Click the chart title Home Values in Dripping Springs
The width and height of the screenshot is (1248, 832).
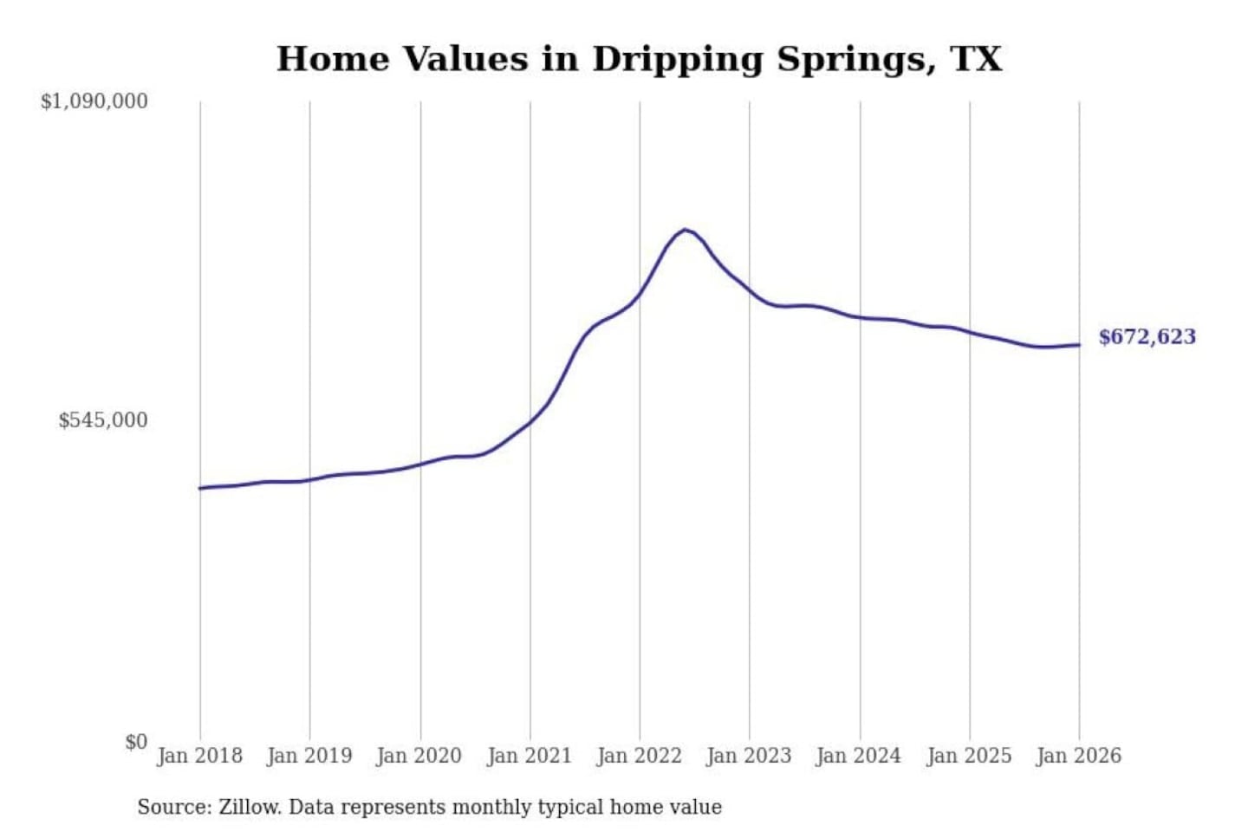[639, 59]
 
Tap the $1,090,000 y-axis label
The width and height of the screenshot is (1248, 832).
[94, 101]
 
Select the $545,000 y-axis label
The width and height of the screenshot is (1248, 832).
[103, 420]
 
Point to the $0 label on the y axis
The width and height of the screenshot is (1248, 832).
[136, 742]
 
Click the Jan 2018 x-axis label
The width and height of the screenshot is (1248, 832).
[199, 756]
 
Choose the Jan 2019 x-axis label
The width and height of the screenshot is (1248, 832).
[309, 756]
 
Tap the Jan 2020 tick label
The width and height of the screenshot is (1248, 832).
[419, 756]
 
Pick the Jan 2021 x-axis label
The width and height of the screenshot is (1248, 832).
[530, 756]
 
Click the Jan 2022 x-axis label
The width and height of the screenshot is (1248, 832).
[640, 756]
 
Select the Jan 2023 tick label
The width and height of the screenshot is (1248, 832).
[750, 756]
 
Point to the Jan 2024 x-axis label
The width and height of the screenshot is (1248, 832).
[859, 756]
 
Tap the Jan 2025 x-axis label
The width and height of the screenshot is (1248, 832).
[969, 756]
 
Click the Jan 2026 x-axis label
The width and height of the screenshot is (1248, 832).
[1079, 756]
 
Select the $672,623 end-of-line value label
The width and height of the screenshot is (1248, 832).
[1147, 336]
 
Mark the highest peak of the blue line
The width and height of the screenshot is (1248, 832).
[686, 230]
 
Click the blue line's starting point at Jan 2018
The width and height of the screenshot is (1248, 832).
[200, 488]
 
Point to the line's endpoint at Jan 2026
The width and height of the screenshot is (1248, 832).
[1079, 345]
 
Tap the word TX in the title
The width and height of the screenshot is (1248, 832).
[976, 59]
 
